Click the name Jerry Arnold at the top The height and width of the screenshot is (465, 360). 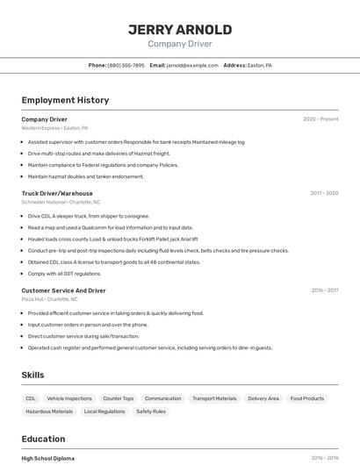[180, 30]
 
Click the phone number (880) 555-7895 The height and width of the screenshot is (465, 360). [126, 65]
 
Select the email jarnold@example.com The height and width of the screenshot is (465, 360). [193, 65]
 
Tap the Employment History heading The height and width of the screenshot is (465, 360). [65, 100]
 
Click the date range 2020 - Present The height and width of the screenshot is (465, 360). [320, 119]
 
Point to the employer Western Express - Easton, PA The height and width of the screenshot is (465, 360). [54, 128]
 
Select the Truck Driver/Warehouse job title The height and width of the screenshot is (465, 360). [57, 193]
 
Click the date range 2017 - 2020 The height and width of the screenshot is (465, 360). [324, 193]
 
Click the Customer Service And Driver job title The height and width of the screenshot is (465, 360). [63, 290]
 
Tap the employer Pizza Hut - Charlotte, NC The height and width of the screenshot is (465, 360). [49, 299]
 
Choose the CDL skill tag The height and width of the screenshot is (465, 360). [31, 398]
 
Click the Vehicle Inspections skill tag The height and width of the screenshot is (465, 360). [69, 398]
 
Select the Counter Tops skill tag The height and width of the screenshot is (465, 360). [119, 398]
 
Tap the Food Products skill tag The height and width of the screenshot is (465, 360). [307, 398]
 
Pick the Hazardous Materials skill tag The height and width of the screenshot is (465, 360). [49, 411]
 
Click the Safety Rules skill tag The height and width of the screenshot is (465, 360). [151, 411]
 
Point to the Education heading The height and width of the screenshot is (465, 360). [43, 439]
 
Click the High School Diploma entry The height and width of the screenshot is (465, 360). [48, 458]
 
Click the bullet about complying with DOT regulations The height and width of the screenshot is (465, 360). [65, 274]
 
